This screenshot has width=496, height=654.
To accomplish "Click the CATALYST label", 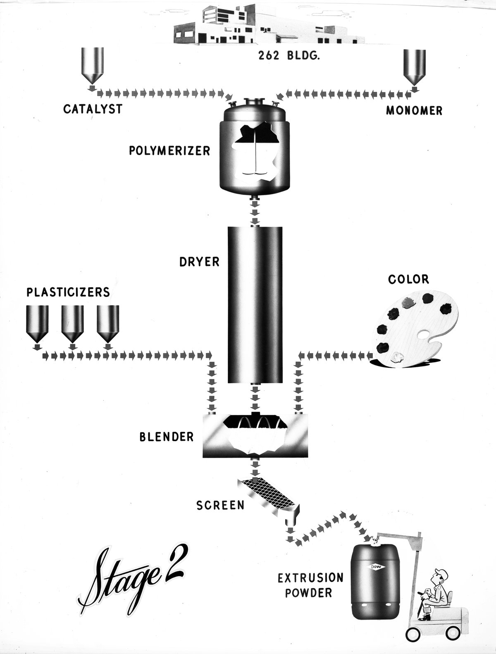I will click(93, 109).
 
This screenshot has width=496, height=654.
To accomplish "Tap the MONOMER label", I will click(414, 110).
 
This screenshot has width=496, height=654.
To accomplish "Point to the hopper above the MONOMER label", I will click(415, 67).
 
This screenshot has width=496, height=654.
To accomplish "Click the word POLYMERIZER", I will click(169, 150).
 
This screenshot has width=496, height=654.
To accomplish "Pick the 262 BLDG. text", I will click(289, 57).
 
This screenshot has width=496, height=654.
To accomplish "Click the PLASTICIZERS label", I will click(69, 292).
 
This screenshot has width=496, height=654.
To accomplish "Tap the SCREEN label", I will click(220, 505).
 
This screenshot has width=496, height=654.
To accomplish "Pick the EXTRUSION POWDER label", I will click(310, 585).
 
